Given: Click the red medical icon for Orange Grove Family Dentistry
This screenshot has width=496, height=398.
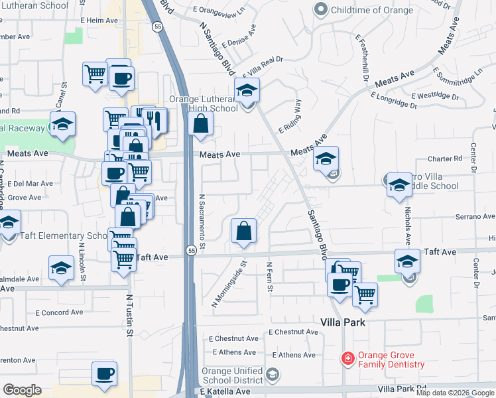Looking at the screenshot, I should point(347,360).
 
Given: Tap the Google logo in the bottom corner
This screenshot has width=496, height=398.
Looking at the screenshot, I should point(22,390).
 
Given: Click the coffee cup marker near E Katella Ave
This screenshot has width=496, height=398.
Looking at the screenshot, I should point(104,374).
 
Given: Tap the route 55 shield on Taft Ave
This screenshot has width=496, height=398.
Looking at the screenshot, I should point(191,251).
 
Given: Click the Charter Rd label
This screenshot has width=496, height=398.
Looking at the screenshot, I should point(444,159).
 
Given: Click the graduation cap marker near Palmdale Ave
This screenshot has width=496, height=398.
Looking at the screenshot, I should point(62,268).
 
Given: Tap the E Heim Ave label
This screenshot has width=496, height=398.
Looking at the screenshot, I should point(99,21).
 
